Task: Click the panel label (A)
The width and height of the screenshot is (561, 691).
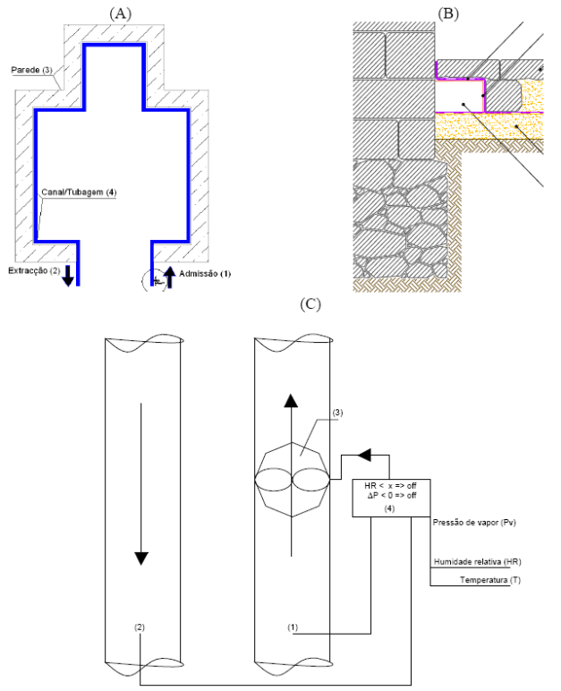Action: (120, 14)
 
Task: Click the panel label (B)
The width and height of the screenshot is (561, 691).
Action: (447, 14)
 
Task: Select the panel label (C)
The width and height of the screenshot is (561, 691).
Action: (310, 304)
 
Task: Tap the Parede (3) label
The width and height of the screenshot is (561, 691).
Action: (31, 70)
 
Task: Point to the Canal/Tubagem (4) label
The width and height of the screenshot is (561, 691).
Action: (79, 192)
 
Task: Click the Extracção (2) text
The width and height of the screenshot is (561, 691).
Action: (34, 270)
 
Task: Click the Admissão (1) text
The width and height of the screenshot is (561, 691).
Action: (205, 274)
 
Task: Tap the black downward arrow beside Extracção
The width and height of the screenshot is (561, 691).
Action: (68, 276)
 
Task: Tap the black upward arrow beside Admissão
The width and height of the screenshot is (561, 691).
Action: (170, 277)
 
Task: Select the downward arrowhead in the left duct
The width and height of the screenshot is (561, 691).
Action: (141, 559)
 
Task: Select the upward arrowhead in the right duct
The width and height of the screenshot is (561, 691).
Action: (291, 400)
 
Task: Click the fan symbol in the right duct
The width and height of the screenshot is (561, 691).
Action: (292, 480)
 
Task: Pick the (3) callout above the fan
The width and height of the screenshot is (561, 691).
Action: (337, 413)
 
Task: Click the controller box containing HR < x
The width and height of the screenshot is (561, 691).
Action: (391, 498)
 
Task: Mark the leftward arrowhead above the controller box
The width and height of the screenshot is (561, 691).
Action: (364, 456)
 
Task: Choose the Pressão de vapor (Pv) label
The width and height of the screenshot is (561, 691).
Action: (474, 522)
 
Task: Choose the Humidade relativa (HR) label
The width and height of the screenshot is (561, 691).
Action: (477, 562)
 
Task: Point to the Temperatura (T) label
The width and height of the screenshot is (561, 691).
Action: (490, 580)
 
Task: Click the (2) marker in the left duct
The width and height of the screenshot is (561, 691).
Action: (140, 627)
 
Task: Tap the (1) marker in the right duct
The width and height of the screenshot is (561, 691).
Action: (293, 627)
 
